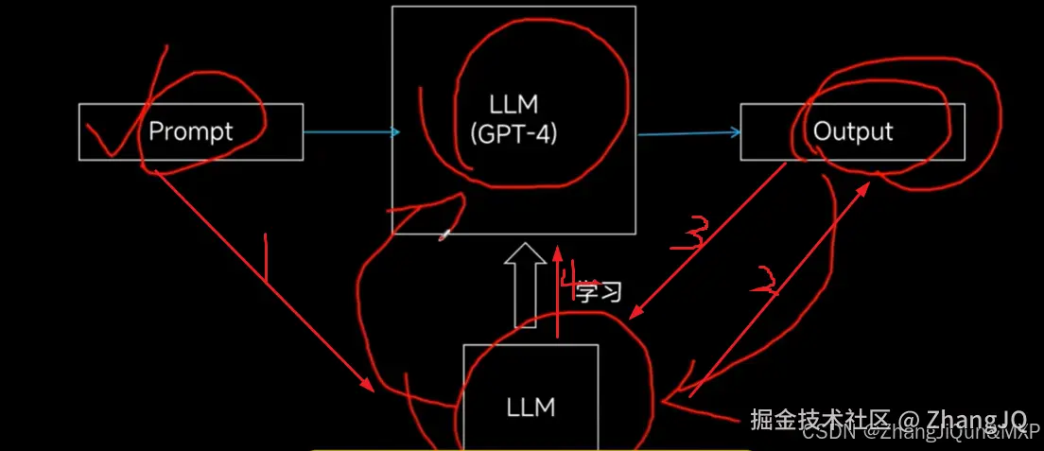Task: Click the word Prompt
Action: (x=191, y=130)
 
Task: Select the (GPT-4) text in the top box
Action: (x=513, y=133)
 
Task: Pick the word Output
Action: (x=853, y=131)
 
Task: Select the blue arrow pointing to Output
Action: (x=687, y=133)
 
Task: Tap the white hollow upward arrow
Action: (x=526, y=284)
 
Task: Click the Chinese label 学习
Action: (x=600, y=292)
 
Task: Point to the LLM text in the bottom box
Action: (x=531, y=408)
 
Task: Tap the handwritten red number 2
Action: (x=764, y=281)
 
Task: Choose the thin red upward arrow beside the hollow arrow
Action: (x=558, y=293)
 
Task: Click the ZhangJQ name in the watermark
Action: (x=975, y=418)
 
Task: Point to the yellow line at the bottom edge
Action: (x=530, y=449)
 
